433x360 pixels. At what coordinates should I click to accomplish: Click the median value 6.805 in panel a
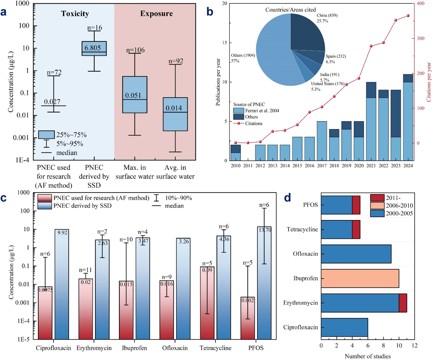[x=93, y=48]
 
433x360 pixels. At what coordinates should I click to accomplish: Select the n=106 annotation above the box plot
[x=135, y=50]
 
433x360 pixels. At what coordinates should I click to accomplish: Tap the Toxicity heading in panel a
[x=75, y=14]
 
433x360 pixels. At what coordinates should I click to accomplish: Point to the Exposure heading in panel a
[x=156, y=14]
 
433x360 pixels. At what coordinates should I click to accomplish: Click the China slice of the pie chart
[x=306, y=32]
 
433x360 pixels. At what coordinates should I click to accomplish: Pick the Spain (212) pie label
[x=336, y=56]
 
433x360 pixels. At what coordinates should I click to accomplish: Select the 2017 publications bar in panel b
[x=322, y=141]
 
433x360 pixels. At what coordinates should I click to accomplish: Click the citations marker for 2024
[x=408, y=16]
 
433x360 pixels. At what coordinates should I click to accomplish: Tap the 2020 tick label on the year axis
[x=359, y=166]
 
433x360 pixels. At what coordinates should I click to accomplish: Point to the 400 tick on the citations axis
[x=420, y=3]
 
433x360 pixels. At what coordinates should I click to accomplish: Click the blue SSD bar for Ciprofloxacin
[x=62, y=284]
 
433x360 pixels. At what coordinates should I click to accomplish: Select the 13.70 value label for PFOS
[x=265, y=230]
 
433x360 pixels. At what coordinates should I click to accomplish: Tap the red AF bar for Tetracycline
[x=207, y=303]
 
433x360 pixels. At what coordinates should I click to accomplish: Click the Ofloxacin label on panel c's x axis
[x=175, y=348]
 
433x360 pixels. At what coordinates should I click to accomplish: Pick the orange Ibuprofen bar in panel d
[x=360, y=278]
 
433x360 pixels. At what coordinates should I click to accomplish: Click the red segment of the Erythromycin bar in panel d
[x=403, y=303]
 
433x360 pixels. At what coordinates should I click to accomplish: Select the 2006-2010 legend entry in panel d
[x=399, y=206]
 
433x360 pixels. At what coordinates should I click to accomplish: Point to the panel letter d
[x=288, y=198]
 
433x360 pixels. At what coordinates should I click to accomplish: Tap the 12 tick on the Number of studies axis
[x=415, y=345]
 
